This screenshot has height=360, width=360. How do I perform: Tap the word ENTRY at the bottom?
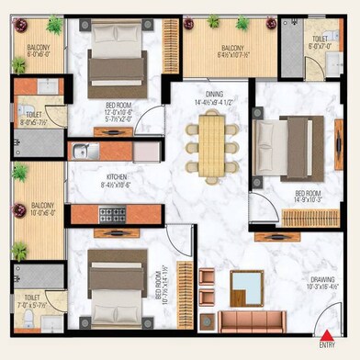click(327, 345)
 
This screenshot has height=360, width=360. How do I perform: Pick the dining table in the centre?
click(212, 144)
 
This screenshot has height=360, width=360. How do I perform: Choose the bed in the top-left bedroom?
click(116, 70)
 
